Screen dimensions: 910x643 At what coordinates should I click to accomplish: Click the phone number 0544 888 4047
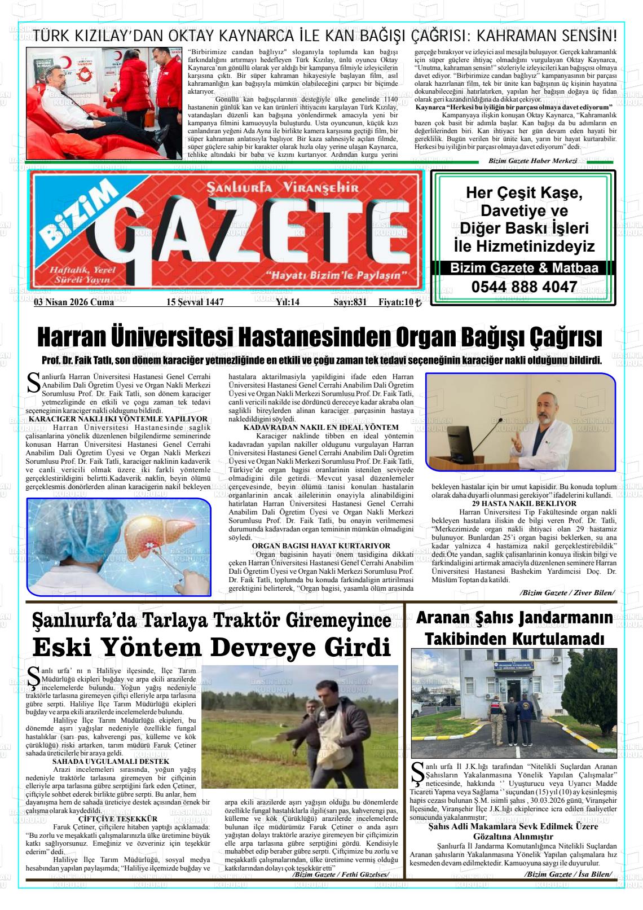524,287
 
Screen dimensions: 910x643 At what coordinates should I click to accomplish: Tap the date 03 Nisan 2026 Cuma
74,302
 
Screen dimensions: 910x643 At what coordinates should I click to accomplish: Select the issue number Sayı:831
350,302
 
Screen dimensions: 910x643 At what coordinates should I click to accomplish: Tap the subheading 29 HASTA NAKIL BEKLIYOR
524,504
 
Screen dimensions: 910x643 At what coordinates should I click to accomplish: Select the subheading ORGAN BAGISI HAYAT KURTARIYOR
321,546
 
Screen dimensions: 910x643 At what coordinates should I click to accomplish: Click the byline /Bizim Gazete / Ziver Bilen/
567,592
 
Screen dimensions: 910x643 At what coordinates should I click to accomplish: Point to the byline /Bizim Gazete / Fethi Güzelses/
341,874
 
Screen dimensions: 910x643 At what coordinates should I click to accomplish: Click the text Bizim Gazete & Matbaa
524,269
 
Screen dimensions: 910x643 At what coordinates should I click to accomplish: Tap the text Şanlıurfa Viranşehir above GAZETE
282,188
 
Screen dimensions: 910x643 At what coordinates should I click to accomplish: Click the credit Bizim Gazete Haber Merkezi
532,161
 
